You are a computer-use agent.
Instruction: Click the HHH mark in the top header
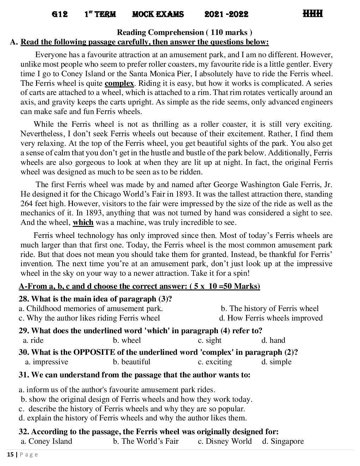[312, 14]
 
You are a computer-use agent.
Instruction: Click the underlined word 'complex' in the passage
[119, 83]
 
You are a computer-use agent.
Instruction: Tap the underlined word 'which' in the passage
[83, 222]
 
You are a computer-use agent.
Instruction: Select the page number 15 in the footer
[10, 455]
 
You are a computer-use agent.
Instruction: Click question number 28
[24, 299]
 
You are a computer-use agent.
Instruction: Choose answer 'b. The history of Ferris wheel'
[270, 309]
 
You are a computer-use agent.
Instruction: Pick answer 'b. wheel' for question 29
[127, 340]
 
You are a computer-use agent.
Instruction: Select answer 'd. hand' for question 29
[273, 340]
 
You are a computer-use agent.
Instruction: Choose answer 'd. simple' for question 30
[276, 362]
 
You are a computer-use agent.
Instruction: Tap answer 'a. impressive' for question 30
[47, 362]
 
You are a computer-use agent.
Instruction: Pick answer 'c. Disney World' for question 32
[225, 441]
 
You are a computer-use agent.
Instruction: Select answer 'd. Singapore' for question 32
[283, 441]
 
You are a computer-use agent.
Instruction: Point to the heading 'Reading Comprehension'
[160, 32]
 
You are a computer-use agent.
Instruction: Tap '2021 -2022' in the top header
[226, 14]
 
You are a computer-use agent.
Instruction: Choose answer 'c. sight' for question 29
[210, 340]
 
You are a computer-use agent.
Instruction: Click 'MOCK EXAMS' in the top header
[158, 14]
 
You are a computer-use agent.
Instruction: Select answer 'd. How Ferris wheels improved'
[271, 318]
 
